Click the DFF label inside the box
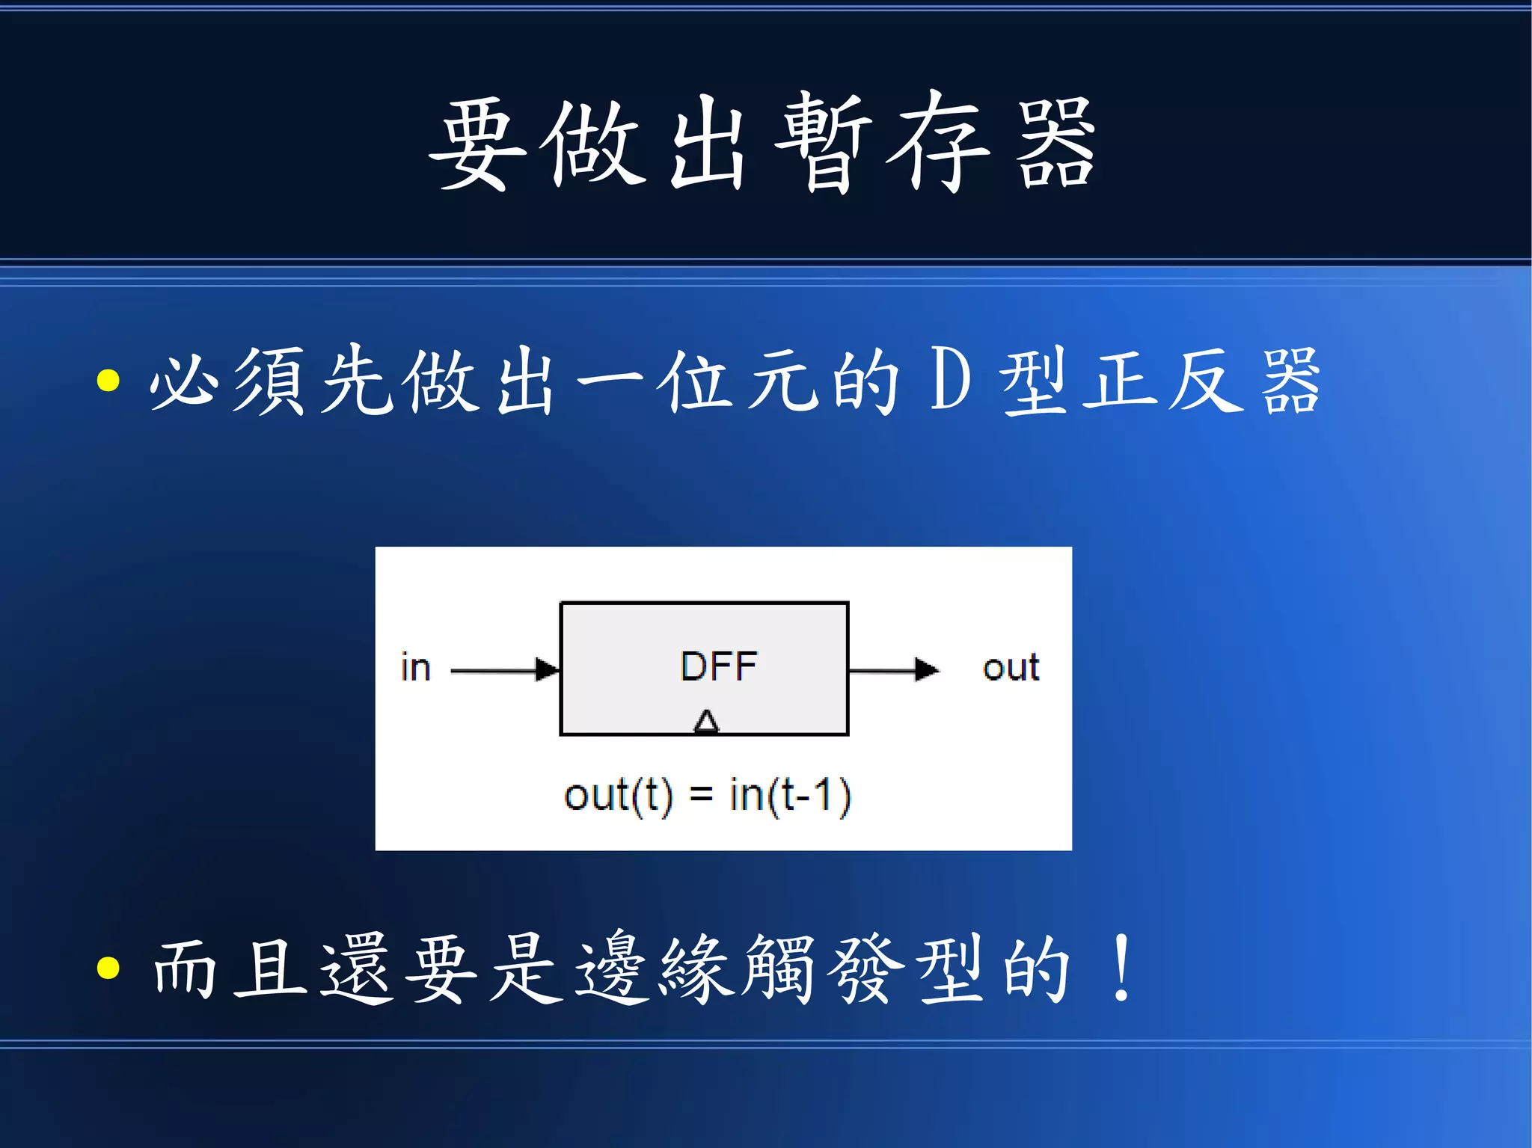pos(718,666)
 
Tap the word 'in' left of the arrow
pos(416,667)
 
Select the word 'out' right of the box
pos(1011,667)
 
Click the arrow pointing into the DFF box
pos(506,669)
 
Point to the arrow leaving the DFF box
pos(893,669)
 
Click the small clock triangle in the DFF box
pos(706,722)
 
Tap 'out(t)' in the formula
pos(618,795)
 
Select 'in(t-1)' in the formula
pos(790,795)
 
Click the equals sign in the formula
pos(701,796)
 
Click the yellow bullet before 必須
pos(108,380)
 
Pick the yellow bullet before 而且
pos(108,967)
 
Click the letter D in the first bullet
pos(951,380)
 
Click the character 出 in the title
pos(707,144)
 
